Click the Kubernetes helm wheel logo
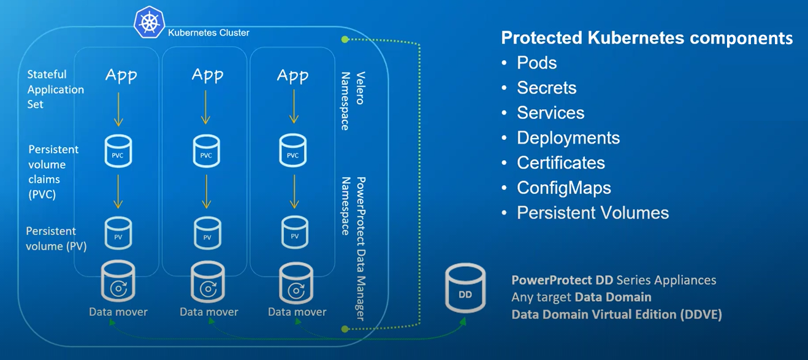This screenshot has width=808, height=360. point(150,22)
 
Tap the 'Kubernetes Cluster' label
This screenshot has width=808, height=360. point(208,33)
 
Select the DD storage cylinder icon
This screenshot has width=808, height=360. point(465,288)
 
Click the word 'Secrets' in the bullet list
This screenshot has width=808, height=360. point(546,88)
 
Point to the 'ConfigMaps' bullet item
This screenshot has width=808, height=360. point(564,188)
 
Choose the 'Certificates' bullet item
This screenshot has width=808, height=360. point(561,163)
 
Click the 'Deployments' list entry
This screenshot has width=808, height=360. point(568,138)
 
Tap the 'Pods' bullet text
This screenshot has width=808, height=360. point(537,63)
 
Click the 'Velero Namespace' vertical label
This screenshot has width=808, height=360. point(353,101)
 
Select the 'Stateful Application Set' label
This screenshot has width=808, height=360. point(56,90)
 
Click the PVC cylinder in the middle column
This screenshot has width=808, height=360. point(207,151)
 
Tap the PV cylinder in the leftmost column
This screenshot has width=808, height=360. point(118,233)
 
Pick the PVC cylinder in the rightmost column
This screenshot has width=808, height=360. point(293,150)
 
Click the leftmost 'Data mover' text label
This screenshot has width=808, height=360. point(118,312)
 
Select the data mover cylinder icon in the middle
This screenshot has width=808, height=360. point(208,282)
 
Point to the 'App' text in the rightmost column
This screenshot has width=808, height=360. point(292,76)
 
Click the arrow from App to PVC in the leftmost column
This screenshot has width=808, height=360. point(118,109)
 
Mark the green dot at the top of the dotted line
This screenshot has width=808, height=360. point(345,39)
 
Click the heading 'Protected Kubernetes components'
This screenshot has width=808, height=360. point(647,38)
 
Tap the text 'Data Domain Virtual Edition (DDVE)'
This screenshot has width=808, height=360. point(617,315)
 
